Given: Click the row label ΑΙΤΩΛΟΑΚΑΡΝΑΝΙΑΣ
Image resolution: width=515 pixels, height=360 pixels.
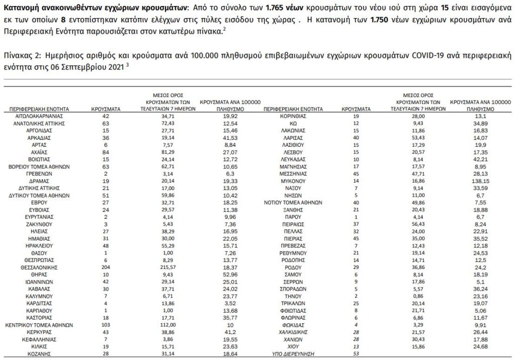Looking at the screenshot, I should (35, 116).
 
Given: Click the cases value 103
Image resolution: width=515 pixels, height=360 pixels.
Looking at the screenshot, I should (105, 325).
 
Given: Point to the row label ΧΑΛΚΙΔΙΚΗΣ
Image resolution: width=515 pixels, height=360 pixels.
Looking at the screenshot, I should (293, 333).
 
